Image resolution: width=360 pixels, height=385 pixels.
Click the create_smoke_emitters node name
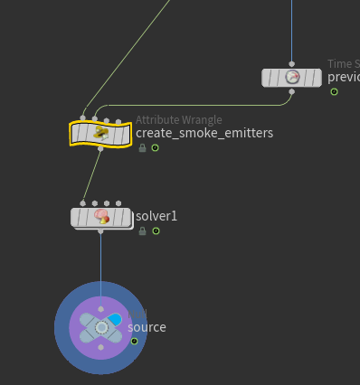(204, 134)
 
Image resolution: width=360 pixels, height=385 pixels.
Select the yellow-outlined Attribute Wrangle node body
(100, 134)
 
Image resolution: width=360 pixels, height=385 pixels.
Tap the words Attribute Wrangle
(178, 119)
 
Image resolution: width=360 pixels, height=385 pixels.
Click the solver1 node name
(156, 217)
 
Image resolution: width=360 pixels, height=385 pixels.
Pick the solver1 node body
(100, 217)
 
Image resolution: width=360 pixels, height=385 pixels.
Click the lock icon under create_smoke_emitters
(143, 147)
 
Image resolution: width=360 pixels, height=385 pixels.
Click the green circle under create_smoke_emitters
(155, 147)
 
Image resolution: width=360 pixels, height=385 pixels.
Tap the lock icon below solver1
(143, 231)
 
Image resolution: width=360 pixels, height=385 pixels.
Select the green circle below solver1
(156, 231)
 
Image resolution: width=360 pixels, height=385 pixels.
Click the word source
(147, 327)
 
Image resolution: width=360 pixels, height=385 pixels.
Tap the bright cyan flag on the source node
(115, 320)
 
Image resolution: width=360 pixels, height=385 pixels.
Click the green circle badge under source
(134, 341)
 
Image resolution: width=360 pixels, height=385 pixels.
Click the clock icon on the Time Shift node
(291, 78)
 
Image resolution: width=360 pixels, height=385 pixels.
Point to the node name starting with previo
(343, 77)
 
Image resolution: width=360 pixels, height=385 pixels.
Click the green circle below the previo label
(334, 91)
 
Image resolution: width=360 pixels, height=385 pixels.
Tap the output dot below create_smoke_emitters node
(100, 148)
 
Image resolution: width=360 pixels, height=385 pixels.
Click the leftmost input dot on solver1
(82, 203)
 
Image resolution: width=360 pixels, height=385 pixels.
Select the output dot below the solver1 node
(100, 231)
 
